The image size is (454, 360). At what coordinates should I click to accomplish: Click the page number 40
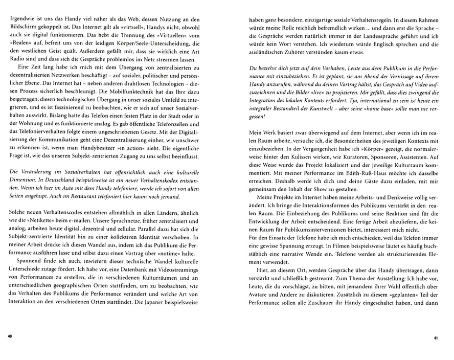[x=9, y=336]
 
